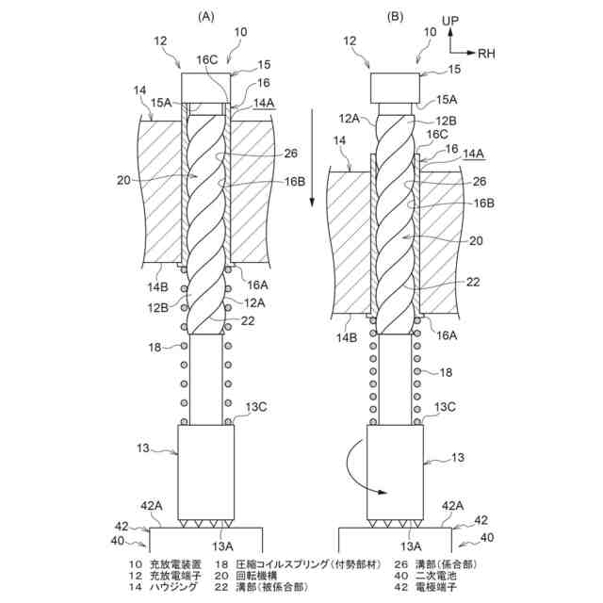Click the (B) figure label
[396, 16]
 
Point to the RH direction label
[486, 54]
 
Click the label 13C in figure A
[257, 406]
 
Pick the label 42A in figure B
[452, 506]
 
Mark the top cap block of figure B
[396, 89]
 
